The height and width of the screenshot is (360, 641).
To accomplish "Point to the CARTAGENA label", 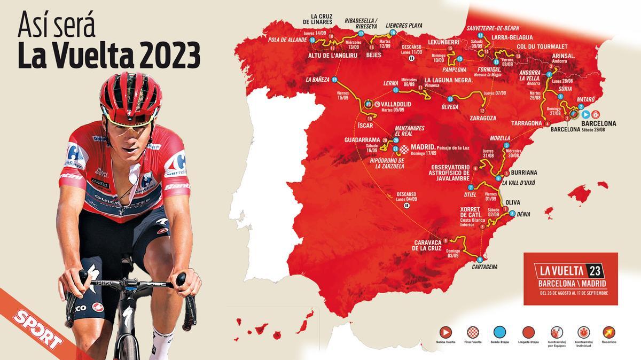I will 485,267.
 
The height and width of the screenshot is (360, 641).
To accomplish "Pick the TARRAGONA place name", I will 527,123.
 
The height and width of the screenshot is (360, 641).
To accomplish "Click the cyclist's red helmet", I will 131,89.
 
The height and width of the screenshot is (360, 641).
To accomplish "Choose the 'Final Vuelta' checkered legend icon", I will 473,332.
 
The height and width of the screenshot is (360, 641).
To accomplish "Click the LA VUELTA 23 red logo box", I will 570,278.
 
